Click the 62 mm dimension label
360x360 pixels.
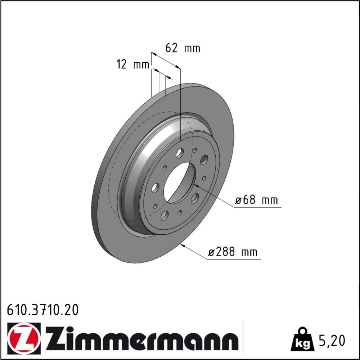coord(183,48)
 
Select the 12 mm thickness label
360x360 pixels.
coord(133,64)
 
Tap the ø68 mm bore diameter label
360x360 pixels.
coord(256,200)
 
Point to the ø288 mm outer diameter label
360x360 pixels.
coord(233,252)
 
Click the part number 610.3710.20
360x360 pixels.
coord(43,310)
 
